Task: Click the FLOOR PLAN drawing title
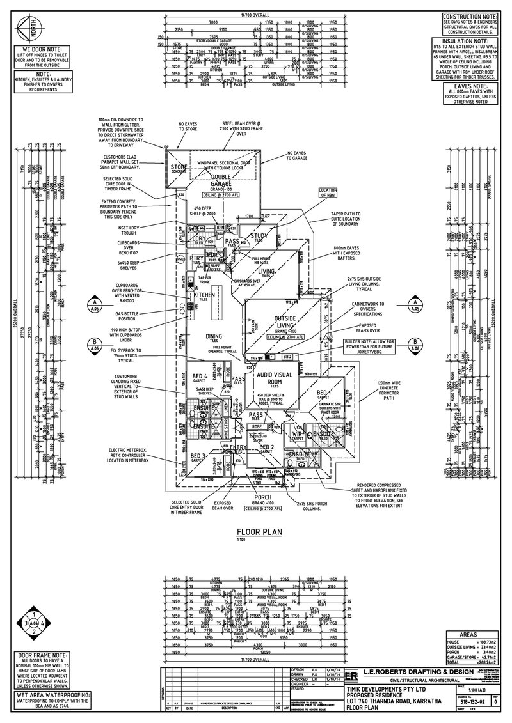(256, 531)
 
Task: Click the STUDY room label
(258, 236)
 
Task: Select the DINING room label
(213, 337)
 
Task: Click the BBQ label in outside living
(287, 357)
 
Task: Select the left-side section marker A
(95, 304)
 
